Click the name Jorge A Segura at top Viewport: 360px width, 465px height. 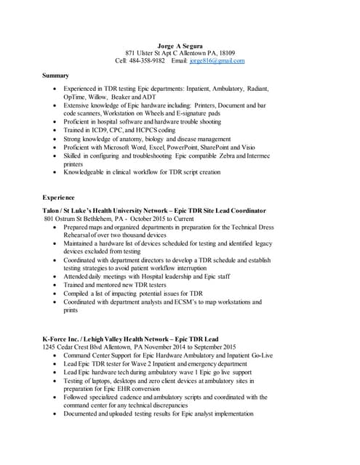tap(180, 45)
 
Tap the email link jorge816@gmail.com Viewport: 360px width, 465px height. tap(217, 61)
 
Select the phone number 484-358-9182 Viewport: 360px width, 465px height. tap(148, 61)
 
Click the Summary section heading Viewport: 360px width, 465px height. tap(55, 76)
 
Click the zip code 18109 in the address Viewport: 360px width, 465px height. tap(226, 53)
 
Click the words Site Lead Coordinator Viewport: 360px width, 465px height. tap(236, 210)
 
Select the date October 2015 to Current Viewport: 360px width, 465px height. tap(161, 219)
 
